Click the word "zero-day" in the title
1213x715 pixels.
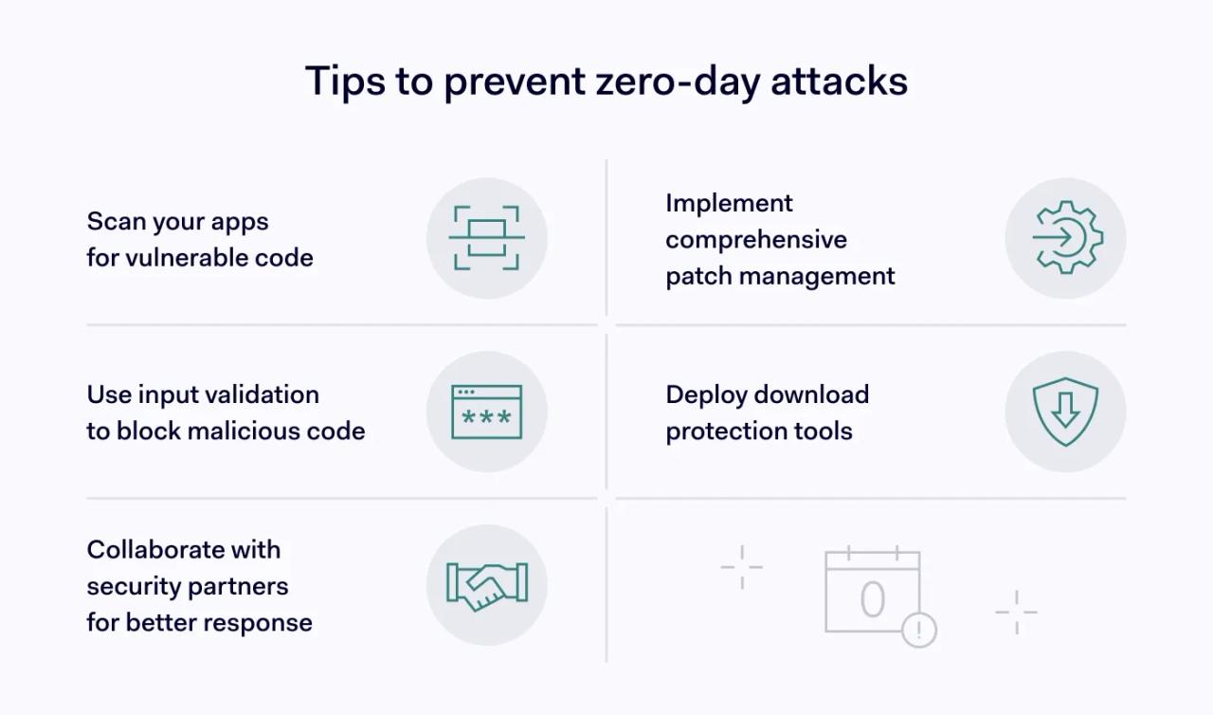click(x=677, y=82)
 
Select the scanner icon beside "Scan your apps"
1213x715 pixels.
click(x=486, y=238)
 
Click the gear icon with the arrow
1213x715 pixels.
click(x=1065, y=238)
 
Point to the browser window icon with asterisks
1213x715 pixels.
click(x=486, y=412)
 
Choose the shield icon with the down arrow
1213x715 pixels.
click(x=1065, y=412)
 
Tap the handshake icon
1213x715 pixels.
click(x=486, y=585)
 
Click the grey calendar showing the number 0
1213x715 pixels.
click(x=872, y=593)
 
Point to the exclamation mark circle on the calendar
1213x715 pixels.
click(x=918, y=630)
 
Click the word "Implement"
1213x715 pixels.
click(x=729, y=203)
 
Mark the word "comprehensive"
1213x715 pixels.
click(x=755, y=239)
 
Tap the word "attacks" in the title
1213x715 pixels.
click(x=839, y=82)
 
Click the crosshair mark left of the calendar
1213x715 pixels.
click(x=741, y=567)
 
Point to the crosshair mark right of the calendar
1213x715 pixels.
click(x=1016, y=612)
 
